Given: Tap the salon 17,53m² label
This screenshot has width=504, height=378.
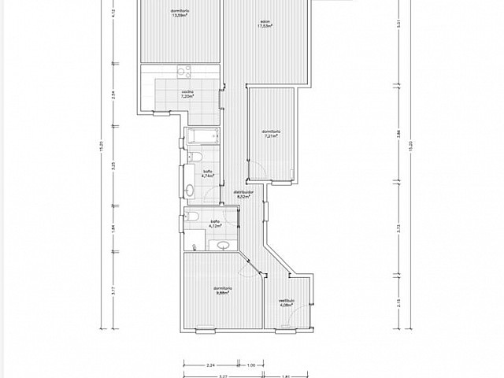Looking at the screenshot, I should (265, 24).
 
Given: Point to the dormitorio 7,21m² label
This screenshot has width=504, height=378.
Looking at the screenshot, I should (272, 133).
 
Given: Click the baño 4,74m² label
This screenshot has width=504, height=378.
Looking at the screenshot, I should (208, 173).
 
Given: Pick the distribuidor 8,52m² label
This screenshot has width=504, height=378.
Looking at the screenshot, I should (243, 194).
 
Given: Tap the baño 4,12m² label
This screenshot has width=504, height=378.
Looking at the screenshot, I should (214, 223).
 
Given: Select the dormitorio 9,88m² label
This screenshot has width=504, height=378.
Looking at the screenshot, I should (223, 291).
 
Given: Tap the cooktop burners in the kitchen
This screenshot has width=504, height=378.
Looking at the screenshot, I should (183, 73).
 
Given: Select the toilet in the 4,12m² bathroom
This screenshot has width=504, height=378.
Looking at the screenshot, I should (192, 217).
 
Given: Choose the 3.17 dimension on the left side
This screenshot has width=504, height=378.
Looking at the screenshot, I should (113, 290).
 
